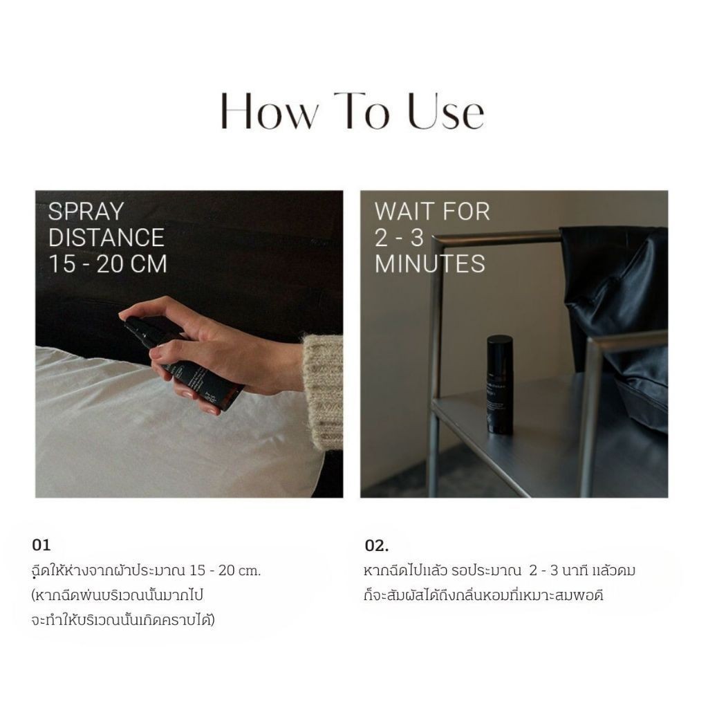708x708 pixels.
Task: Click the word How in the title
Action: point(270,111)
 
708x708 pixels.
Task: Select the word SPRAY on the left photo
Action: point(86,212)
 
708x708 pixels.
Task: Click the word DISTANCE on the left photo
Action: point(106,238)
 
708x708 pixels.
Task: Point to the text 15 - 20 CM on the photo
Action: point(107,263)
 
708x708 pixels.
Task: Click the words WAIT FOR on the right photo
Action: point(432,212)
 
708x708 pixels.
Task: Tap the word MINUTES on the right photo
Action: point(430,263)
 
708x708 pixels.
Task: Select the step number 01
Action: point(41,545)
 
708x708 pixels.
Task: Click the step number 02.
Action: point(377,546)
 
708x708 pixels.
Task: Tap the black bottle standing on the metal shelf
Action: point(500,384)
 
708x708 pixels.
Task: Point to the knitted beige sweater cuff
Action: point(323,391)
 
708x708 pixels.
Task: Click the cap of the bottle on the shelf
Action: point(500,346)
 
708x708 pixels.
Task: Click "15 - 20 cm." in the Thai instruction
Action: point(225,570)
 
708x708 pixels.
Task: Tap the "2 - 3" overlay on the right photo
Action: point(399,238)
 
